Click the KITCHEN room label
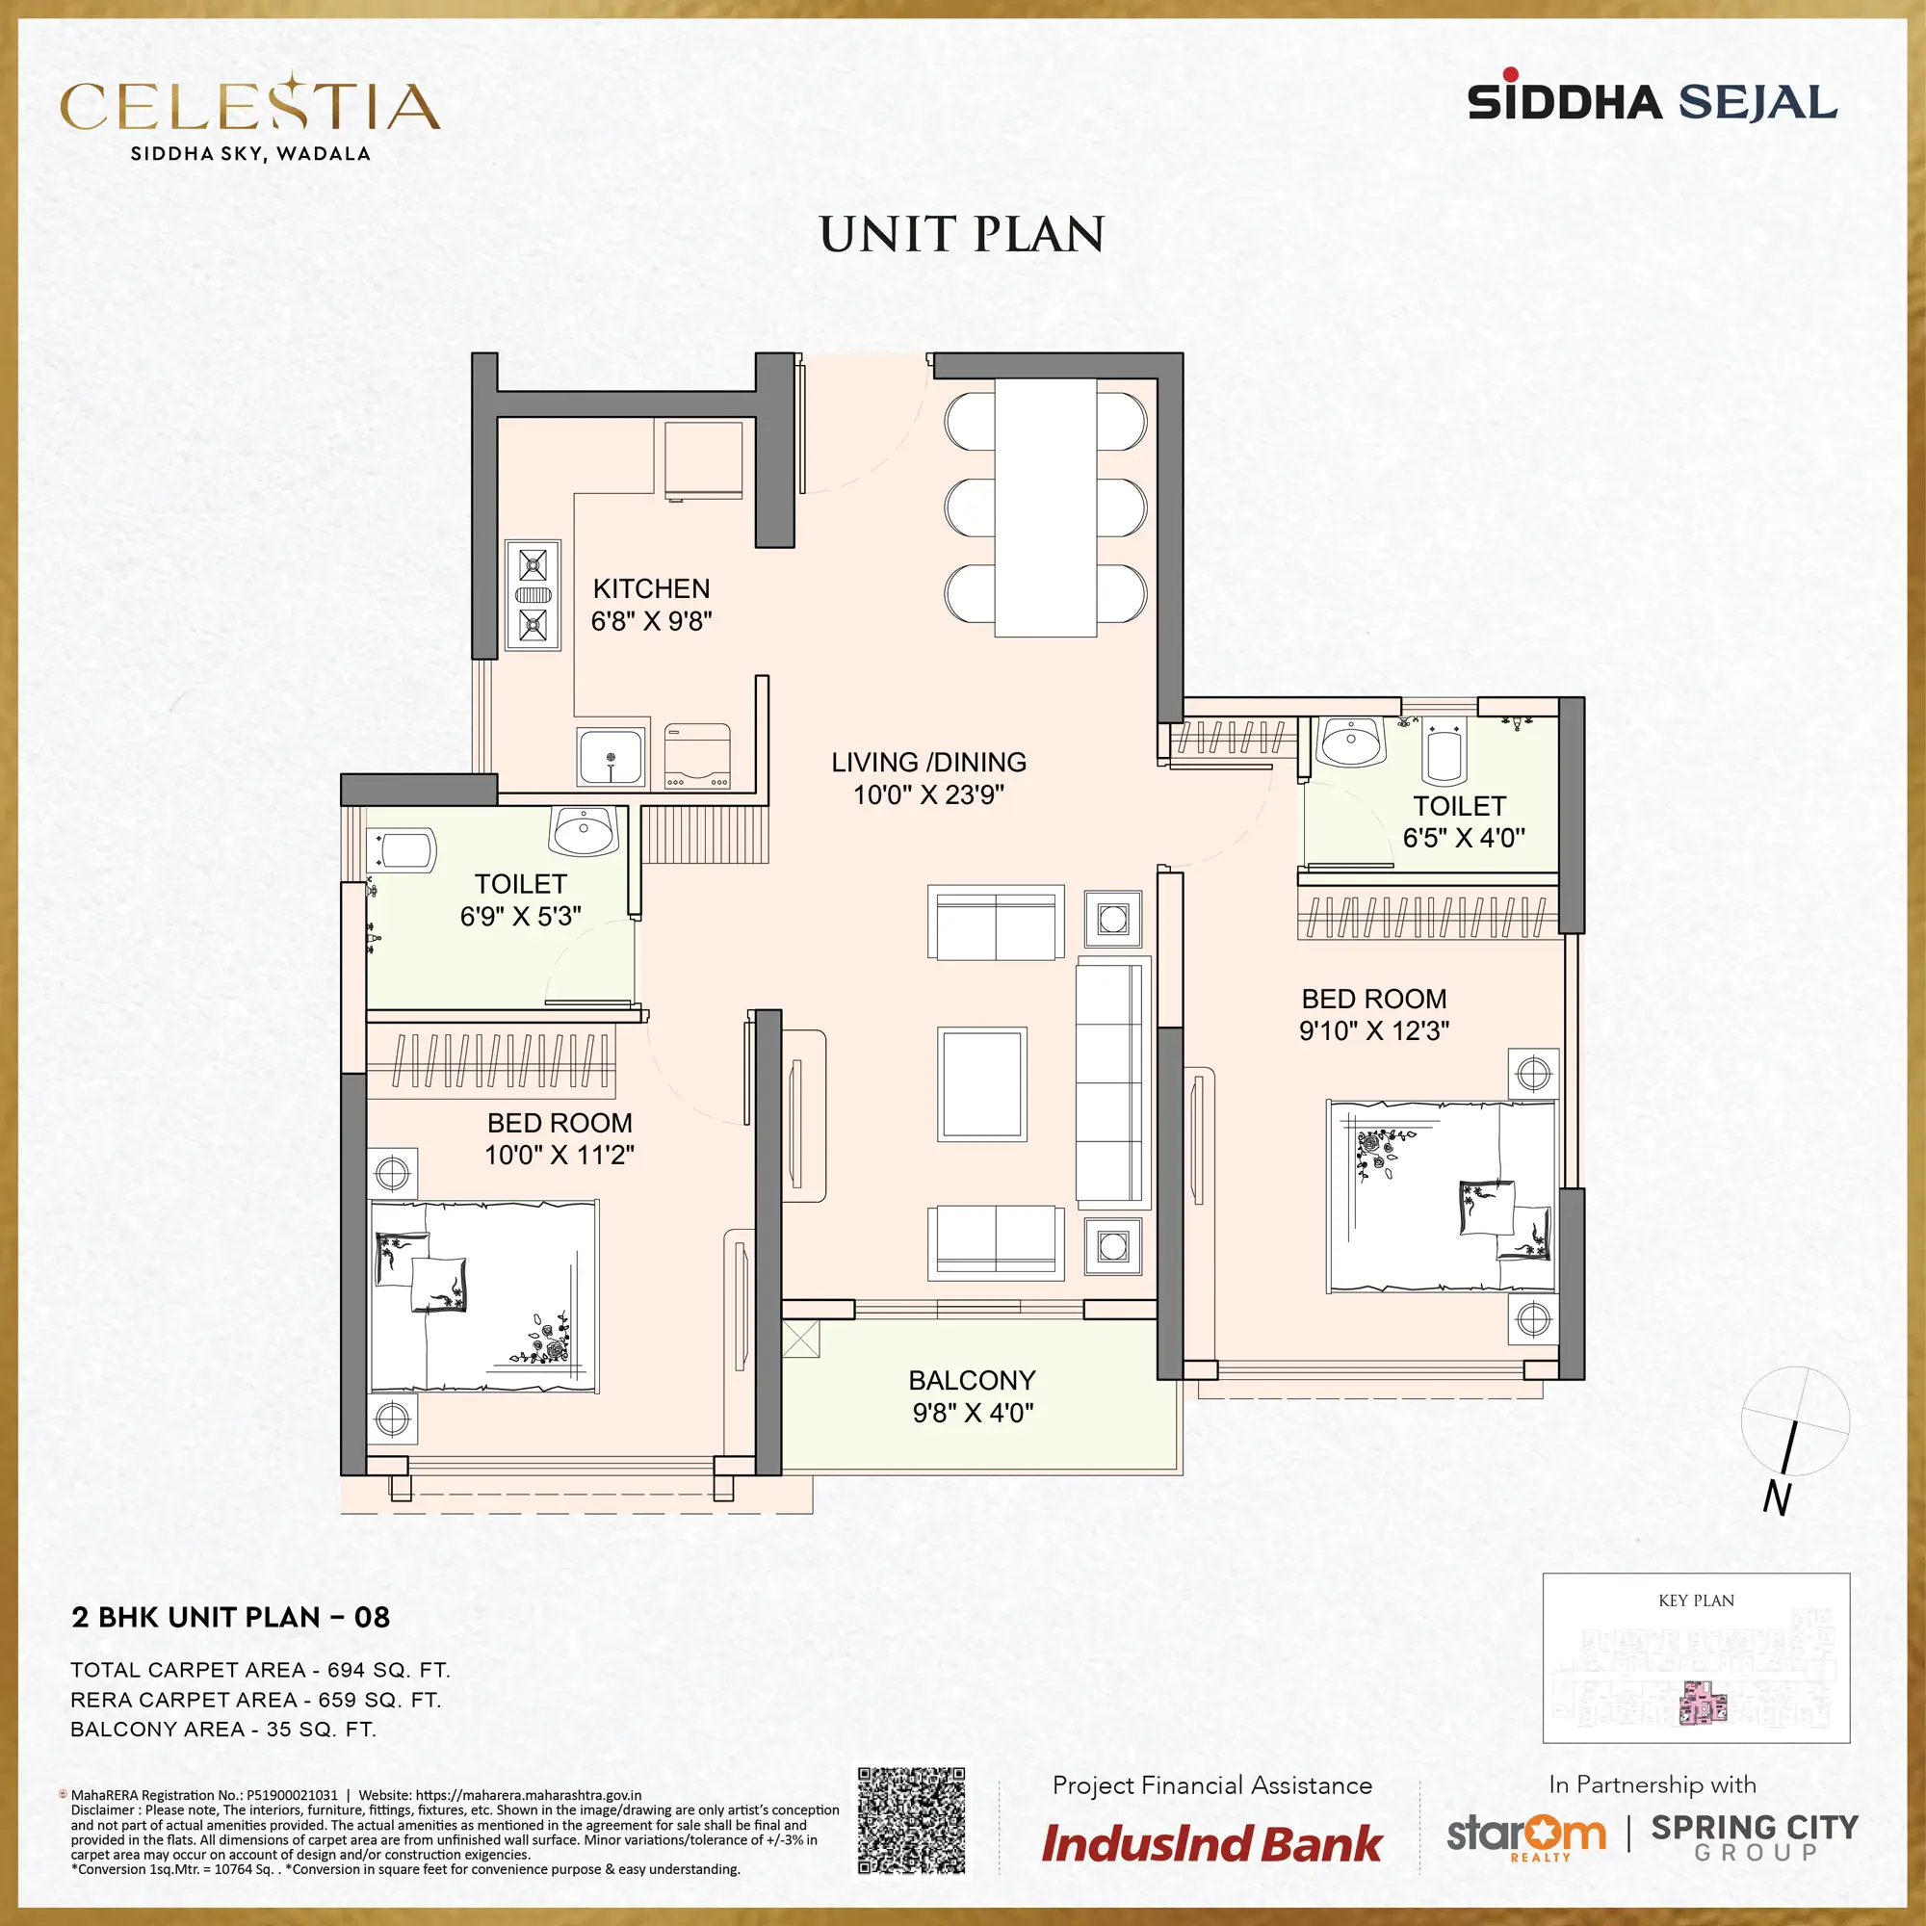(651, 588)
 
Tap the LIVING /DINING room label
(929, 762)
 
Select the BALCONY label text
(972, 1380)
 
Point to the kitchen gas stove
(534, 595)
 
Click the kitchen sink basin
(612, 757)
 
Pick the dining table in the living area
(1046, 507)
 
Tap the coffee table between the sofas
(982, 1084)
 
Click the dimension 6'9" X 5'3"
(520, 915)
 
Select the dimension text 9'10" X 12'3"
(1374, 1029)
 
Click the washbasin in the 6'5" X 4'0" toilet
(1351, 741)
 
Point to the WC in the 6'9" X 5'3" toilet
(403, 850)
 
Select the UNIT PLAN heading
(962, 234)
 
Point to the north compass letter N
(1777, 1499)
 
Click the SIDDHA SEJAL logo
(1652, 100)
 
